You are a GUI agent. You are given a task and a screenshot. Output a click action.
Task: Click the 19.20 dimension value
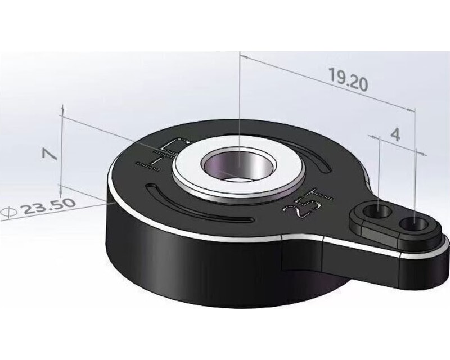click(348, 81)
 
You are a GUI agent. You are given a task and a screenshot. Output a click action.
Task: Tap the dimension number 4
click(395, 134)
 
